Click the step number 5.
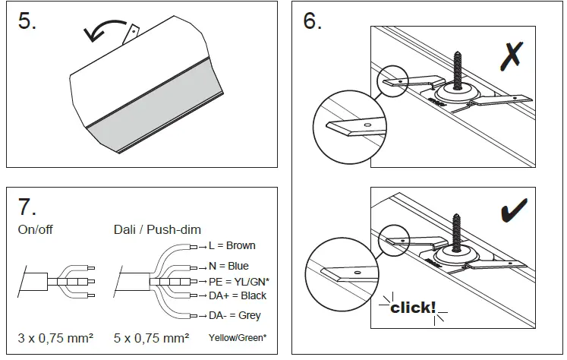(x=27, y=21)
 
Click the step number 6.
(x=312, y=21)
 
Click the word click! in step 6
(x=413, y=308)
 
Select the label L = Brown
(x=231, y=246)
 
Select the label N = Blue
(x=228, y=267)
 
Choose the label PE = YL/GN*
(x=238, y=282)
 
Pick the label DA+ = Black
(x=237, y=295)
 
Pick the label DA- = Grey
(x=235, y=315)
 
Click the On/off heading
(x=36, y=228)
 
